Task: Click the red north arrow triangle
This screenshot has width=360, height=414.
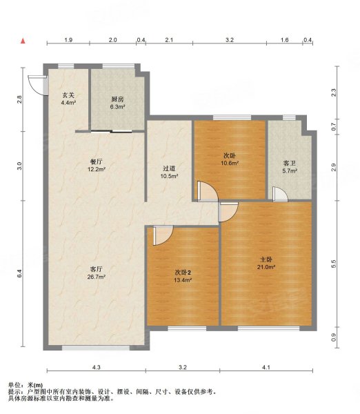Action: pos(23,41)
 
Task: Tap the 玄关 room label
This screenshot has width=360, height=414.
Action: pos(68,95)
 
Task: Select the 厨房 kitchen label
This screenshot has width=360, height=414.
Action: pos(117,99)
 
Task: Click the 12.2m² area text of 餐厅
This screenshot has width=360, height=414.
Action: pos(97,169)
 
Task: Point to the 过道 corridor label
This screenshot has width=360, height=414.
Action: pos(169,168)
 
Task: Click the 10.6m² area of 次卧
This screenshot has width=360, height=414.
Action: pos(230,163)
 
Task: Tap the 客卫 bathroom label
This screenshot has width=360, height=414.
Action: pos(290,163)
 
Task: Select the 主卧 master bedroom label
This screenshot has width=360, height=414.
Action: pos(266,259)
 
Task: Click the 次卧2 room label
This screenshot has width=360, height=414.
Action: pos(183,273)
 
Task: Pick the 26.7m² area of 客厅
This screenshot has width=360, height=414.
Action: pos(97,277)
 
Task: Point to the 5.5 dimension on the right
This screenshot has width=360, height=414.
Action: pos(333,264)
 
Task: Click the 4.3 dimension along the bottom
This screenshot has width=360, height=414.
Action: pos(97,367)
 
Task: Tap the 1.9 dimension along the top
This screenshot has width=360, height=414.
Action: pos(68,40)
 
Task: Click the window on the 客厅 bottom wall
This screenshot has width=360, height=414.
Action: pos(96,348)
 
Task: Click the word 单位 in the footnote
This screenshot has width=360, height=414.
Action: pos(14,386)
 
